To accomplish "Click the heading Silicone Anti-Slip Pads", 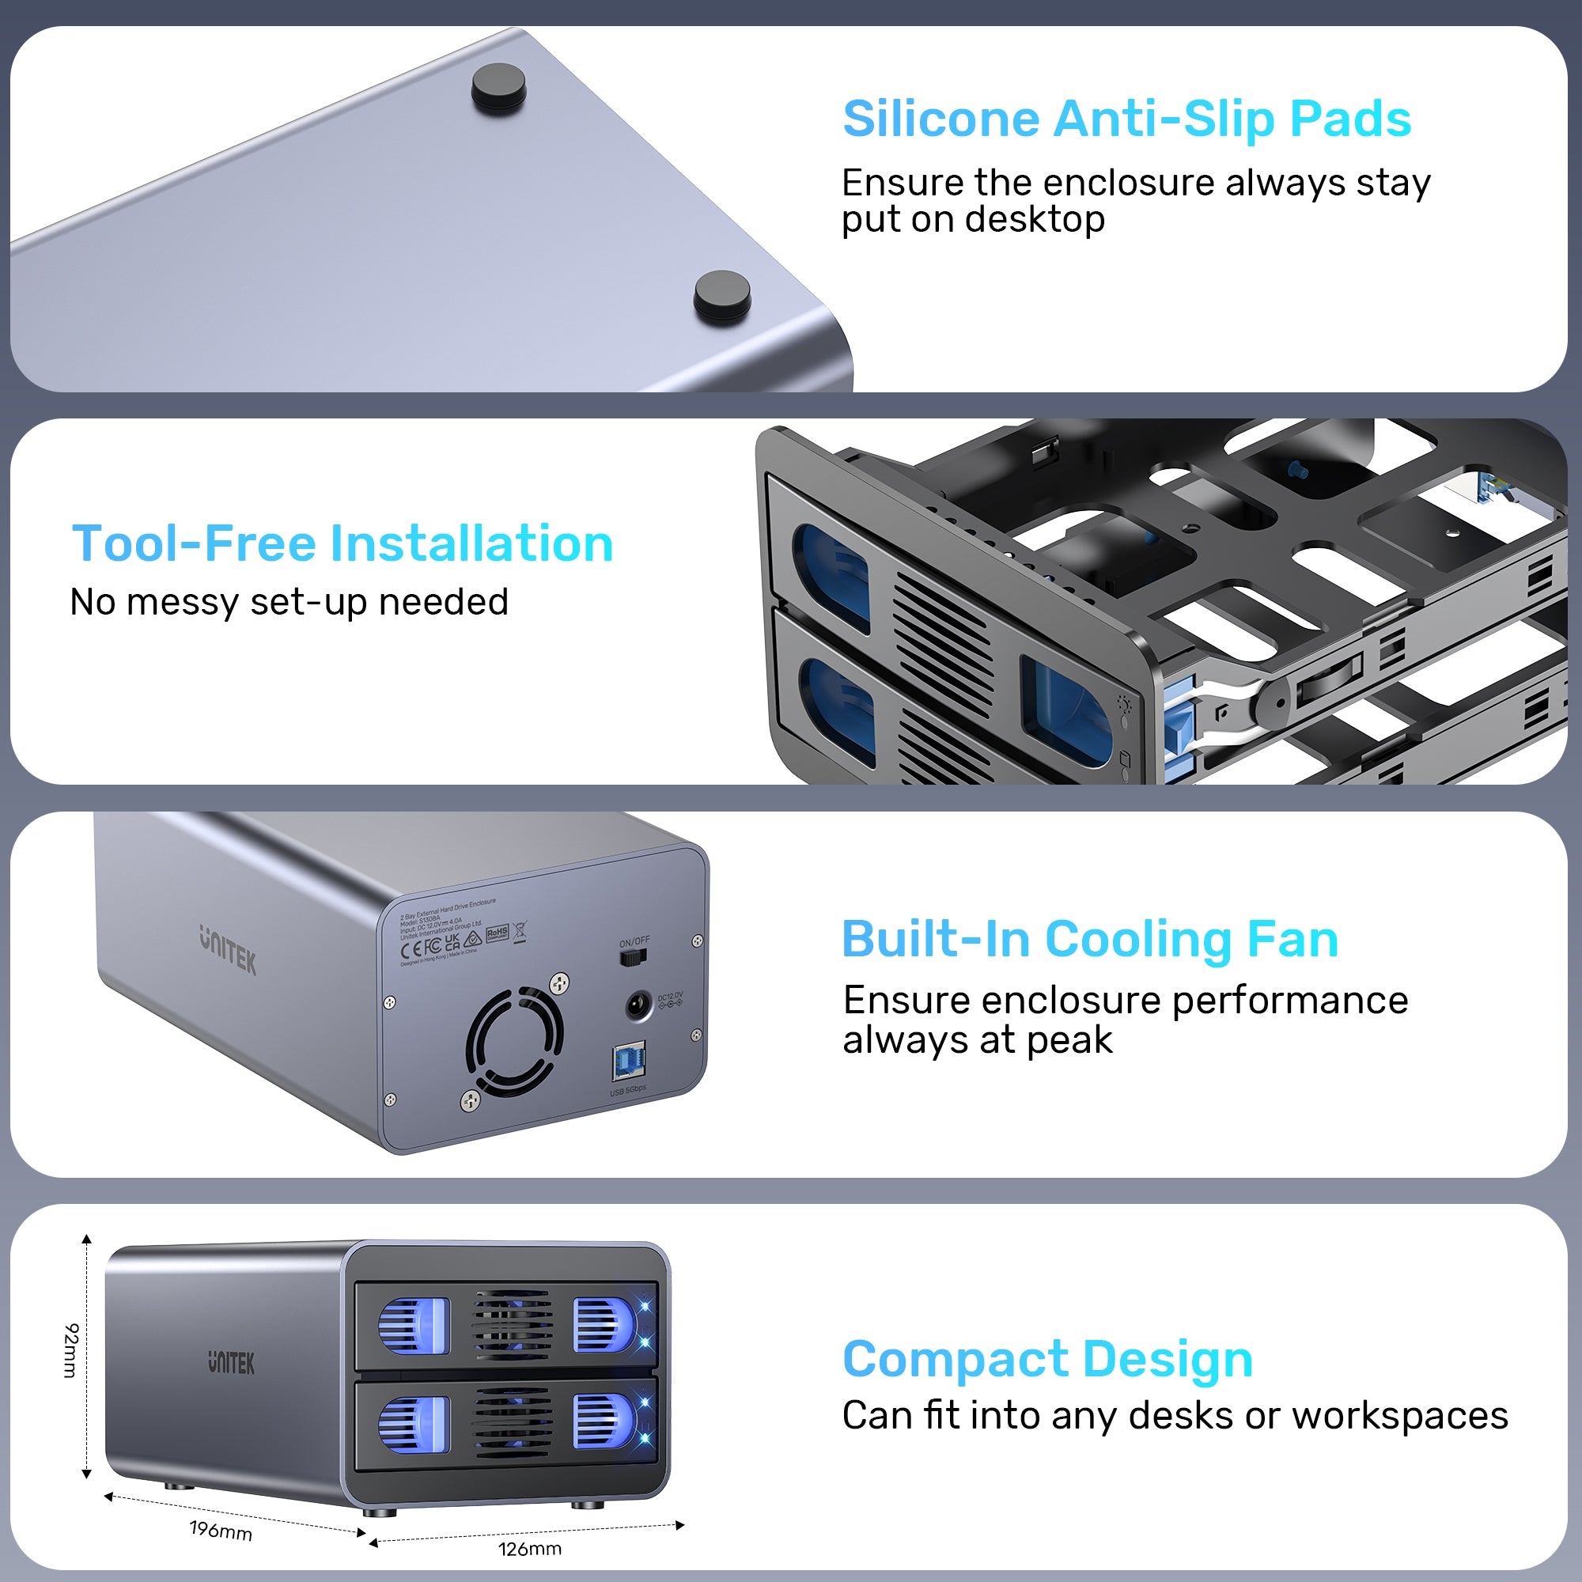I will coord(1126,119).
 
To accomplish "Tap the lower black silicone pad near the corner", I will coord(721,297).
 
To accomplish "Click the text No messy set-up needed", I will coord(289,602).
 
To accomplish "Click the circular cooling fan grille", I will coord(514,1043).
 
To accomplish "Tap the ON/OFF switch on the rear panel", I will coord(633,956).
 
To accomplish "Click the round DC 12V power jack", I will coord(638,1005).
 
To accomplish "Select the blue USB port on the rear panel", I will coord(629,1062).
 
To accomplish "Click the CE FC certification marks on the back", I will coord(422,948).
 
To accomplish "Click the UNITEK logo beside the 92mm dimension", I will coord(231,1364).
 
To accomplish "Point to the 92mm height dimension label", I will coord(71,1350).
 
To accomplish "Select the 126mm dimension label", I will coord(530,1549).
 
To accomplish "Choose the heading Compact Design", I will coord(1047,1359).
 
